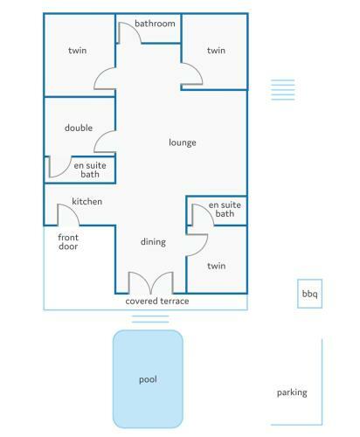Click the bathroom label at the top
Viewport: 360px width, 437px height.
click(x=155, y=24)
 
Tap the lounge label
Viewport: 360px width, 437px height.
click(x=183, y=142)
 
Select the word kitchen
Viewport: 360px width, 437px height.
click(x=87, y=201)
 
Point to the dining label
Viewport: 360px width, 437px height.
click(x=153, y=242)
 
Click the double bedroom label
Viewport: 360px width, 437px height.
click(x=79, y=128)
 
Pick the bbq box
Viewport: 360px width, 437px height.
click(x=309, y=294)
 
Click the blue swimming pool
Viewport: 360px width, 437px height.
click(x=148, y=379)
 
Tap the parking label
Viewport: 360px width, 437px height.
click(x=292, y=392)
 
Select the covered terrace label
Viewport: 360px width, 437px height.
click(x=157, y=301)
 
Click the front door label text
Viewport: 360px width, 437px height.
click(x=68, y=242)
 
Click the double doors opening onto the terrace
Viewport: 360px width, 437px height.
click(x=151, y=282)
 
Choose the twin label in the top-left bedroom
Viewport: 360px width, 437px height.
click(x=78, y=51)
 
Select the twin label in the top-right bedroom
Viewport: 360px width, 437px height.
click(x=216, y=51)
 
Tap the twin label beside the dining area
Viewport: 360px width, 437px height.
click(x=217, y=266)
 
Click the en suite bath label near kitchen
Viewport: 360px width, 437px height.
click(x=90, y=170)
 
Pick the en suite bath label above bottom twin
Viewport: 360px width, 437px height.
click(x=225, y=209)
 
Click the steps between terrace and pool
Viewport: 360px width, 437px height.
click(x=150, y=319)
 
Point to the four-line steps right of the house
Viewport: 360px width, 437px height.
click(x=283, y=90)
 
